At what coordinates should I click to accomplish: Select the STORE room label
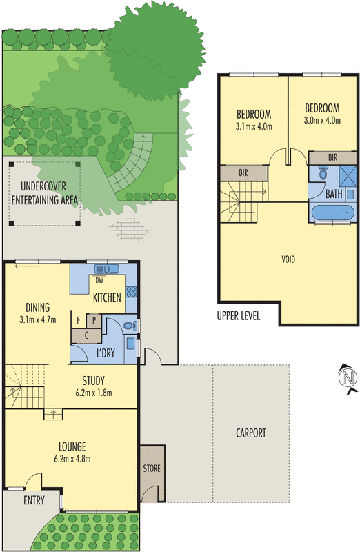tap(152, 469)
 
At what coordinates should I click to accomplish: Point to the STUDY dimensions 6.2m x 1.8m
tap(92, 393)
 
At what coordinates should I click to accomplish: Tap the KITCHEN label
tap(107, 297)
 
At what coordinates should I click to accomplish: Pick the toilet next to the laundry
tap(128, 326)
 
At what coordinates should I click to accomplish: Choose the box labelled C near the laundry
tap(86, 335)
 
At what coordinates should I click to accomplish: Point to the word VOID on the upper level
tap(288, 259)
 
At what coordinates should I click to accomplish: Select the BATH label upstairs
tap(334, 194)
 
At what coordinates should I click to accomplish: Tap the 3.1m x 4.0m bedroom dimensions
tap(254, 126)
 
